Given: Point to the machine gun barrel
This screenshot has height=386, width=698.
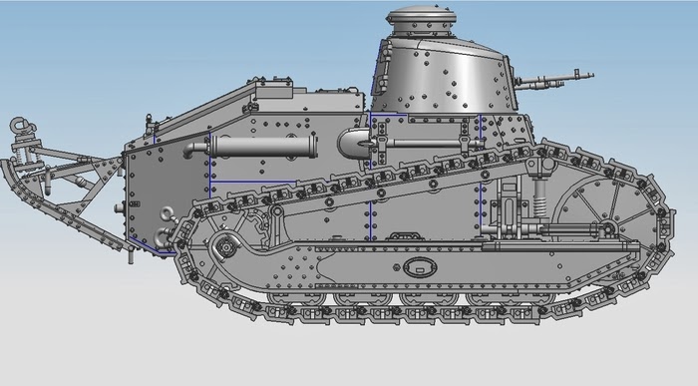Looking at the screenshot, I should tap(558, 76).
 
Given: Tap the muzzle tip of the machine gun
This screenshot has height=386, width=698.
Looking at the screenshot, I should tap(591, 73).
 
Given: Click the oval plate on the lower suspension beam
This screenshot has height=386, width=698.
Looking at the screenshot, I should tap(420, 266).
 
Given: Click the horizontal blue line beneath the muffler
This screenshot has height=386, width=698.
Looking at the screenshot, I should tap(253, 182).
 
